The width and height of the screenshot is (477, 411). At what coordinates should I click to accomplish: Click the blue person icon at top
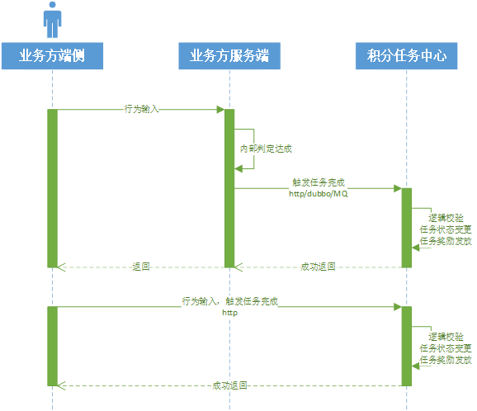[52, 20]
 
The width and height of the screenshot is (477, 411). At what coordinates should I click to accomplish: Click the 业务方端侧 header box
[52, 56]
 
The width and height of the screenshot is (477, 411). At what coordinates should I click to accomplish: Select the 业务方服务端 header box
[229, 56]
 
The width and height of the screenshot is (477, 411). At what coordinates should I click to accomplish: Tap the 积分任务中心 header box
[406, 56]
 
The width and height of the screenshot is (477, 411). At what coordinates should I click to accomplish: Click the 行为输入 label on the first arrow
[141, 109]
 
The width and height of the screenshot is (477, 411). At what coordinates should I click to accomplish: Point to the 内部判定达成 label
[266, 149]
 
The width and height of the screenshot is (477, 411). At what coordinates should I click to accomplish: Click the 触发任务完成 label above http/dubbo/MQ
[319, 182]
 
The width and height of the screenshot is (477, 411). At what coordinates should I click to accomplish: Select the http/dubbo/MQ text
[319, 194]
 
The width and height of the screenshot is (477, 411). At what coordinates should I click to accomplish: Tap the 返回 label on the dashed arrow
[141, 267]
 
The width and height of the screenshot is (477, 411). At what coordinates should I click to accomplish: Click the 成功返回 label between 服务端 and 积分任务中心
[318, 267]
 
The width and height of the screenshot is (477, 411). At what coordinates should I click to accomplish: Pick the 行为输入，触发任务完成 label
[230, 301]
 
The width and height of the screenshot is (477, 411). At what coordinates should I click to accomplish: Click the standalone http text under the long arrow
[229, 313]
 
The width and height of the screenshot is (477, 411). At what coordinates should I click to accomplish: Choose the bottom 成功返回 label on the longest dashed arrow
[229, 385]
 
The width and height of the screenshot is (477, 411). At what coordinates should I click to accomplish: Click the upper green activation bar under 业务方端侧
[52, 188]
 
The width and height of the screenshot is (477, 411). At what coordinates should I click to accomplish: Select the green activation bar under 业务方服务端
[229, 188]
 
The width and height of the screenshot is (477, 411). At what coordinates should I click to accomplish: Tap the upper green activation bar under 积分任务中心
[406, 228]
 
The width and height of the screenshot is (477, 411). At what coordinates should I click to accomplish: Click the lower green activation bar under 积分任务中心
[406, 346]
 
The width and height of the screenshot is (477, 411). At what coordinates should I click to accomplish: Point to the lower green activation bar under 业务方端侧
[52, 346]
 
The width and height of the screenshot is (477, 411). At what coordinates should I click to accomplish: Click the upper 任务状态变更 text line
[446, 229]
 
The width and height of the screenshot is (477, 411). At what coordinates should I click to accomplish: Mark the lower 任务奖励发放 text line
[446, 360]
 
